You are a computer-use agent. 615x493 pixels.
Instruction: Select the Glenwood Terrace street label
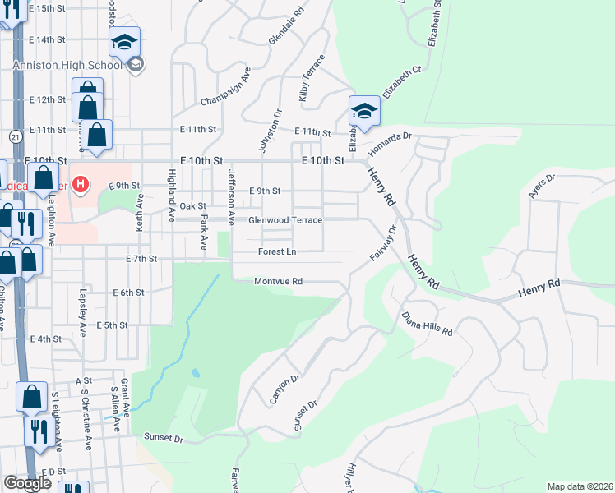tap(285, 220)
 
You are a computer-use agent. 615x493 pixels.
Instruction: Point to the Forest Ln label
tap(277, 251)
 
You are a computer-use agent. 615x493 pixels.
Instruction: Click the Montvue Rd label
tap(279, 281)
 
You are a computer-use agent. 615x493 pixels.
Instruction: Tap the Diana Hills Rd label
tap(428, 323)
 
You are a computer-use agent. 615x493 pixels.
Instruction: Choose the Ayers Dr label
tap(543, 187)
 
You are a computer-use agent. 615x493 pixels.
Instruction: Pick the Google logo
tap(27, 483)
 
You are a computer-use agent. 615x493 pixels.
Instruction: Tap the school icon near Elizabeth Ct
tap(363, 111)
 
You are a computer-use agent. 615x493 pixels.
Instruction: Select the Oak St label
tap(192, 206)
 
